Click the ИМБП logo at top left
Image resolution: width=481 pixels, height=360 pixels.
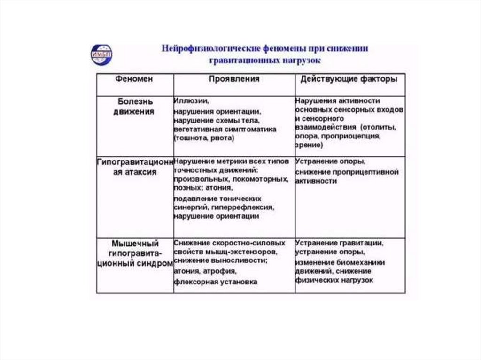[101, 54]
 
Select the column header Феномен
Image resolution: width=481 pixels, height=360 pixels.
[134, 79]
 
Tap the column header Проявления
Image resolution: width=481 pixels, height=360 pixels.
[233, 79]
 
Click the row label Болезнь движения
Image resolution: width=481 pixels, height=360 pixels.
[134, 107]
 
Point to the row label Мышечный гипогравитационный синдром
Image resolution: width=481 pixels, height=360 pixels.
[134, 254]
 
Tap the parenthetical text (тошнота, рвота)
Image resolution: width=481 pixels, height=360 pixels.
[203, 138]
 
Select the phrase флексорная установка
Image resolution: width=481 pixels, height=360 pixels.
[216, 282]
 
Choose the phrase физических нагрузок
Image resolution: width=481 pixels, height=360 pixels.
[334, 280]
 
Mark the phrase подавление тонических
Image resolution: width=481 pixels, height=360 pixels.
[217, 199]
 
